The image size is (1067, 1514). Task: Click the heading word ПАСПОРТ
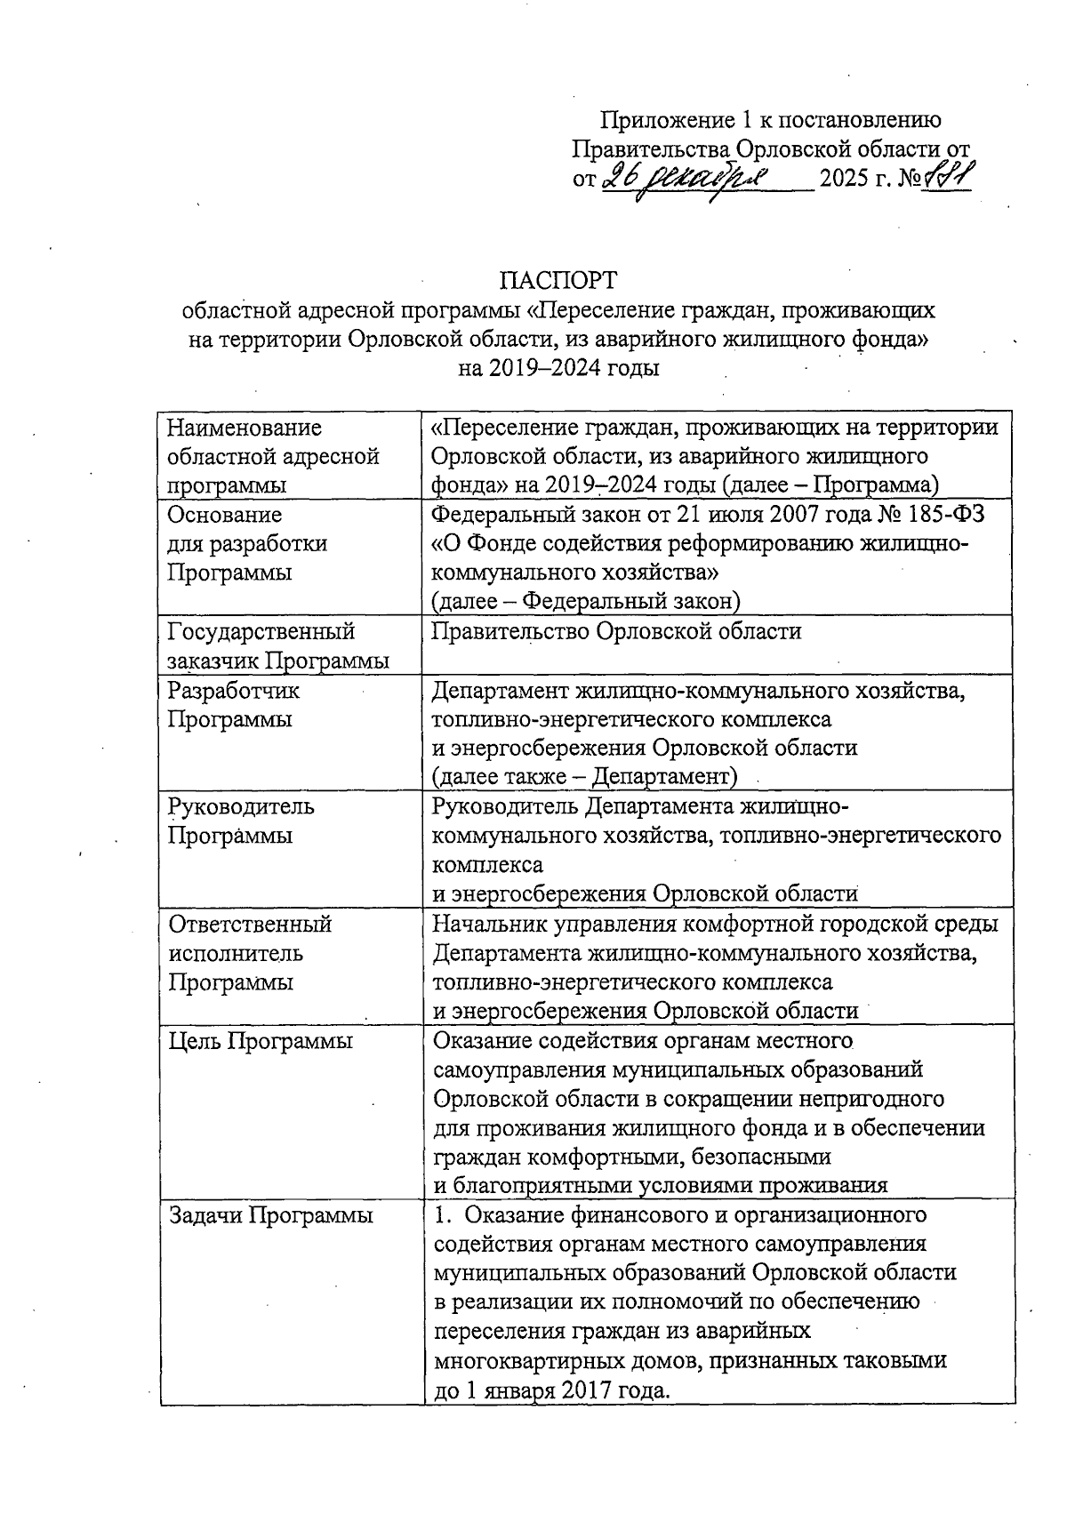(558, 280)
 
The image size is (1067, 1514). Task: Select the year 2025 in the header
(846, 180)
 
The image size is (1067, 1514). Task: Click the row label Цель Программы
(261, 1041)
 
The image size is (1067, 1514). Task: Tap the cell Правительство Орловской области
(616, 631)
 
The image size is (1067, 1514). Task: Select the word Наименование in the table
(245, 428)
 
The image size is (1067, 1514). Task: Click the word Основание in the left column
(225, 515)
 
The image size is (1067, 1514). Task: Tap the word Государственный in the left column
(261, 631)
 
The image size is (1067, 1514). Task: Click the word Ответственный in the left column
(251, 924)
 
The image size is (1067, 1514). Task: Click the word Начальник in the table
(490, 924)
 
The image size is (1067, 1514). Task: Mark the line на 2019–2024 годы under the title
(558, 367)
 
